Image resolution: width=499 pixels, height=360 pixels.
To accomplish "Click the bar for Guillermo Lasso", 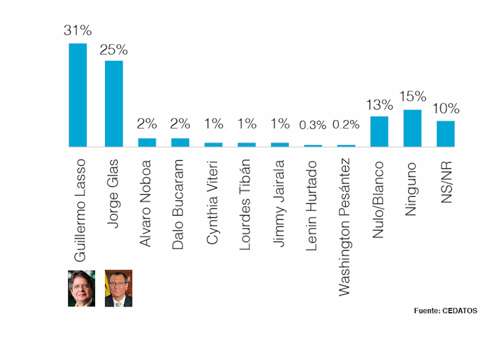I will click(x=78, y=95).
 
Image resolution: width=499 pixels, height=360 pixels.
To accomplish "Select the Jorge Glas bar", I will click(x=114, y=104).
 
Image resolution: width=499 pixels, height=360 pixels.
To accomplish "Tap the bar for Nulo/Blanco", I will click(x=379, y=131).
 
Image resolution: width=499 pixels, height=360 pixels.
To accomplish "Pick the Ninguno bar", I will click(x=412, y=128).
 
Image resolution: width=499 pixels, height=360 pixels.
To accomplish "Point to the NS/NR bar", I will click(x=445, y=134).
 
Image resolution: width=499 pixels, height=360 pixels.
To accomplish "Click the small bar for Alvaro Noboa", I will click(x=147, y=142).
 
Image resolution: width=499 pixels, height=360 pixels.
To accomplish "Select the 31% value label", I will click(x=78, y=30).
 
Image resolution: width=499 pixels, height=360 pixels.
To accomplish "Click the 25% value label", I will click(x=114, y=50).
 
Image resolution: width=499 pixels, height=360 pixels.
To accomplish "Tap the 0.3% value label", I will click(x=313, y=125).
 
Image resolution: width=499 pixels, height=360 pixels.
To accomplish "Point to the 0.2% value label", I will click(x=346, y=125).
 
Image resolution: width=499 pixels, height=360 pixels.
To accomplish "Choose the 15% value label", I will click(x=412, y=96).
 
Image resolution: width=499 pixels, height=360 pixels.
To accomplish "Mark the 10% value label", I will click(x=445, y=109).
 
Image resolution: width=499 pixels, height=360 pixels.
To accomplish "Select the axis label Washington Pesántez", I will click(x=345, y=227).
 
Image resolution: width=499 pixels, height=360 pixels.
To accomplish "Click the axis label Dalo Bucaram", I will click(x=179, y=204).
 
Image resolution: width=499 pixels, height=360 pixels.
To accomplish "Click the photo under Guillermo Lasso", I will click(x=81, y=288).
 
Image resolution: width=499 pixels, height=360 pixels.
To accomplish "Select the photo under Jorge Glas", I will click(x=119, y=288).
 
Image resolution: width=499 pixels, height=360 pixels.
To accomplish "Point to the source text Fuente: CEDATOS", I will click(x=445, y=311).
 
